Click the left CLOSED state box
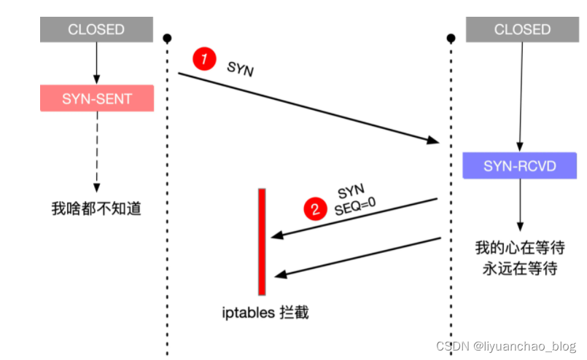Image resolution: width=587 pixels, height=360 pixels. click(x=96, y=30)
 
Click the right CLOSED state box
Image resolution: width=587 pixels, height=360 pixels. click(x=522, y=30)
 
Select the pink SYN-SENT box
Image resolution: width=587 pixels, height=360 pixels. click(x=97, y=98)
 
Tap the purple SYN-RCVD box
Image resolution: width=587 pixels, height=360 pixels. click(x=519, y=166)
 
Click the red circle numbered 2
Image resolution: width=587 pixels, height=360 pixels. click(x=315, y=209)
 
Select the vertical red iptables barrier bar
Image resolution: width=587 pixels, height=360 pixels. click(x=262, y=240)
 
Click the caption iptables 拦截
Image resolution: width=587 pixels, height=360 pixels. click(x=265, y=313)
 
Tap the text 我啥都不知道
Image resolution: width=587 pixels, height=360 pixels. click(x=96, y=209)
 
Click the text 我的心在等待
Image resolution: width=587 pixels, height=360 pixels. click(x=520, y=248)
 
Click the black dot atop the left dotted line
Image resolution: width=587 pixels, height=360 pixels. click(x=167, y=37)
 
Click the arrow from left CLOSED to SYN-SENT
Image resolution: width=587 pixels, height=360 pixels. click(x=96, y=63)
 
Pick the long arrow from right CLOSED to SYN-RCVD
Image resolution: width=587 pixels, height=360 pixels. click(x=521, y=95)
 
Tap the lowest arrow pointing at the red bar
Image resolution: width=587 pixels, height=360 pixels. click(x=357, y=256)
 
